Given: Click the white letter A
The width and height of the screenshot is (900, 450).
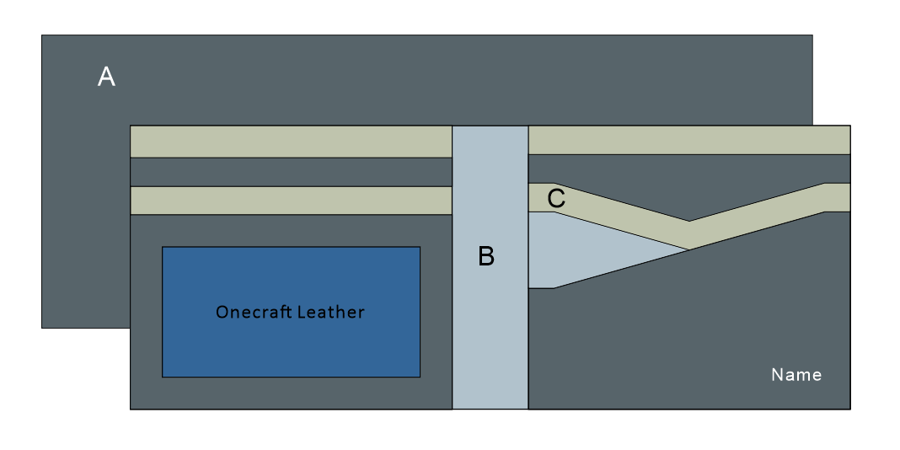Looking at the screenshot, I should click(106, 78).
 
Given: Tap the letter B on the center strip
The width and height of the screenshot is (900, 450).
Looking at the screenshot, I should click(486, 256).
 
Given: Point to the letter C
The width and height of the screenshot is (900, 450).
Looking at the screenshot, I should click(556, 200).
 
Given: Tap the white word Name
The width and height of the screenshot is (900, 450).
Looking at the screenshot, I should click(796, 374).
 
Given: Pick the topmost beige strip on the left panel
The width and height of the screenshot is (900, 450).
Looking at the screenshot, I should click(291, 142).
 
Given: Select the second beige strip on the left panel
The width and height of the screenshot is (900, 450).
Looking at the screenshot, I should click(291, 201).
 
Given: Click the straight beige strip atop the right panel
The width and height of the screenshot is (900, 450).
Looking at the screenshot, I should click(688, 140).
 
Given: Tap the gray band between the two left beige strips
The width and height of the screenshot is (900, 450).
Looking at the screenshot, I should click(291, 172).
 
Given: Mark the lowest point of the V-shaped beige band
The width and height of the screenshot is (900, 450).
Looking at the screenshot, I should click(689, 236).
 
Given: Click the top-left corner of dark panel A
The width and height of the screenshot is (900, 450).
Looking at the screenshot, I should click(43, 36).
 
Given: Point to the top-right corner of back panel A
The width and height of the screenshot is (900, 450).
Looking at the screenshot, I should click(812, 36).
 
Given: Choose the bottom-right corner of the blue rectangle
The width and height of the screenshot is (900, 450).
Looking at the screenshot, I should click(419, 376).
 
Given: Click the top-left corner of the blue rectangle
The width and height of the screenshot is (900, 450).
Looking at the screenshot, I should click(163, 248).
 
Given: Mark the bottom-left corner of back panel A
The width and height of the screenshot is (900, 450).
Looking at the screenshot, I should click(43, 326).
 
